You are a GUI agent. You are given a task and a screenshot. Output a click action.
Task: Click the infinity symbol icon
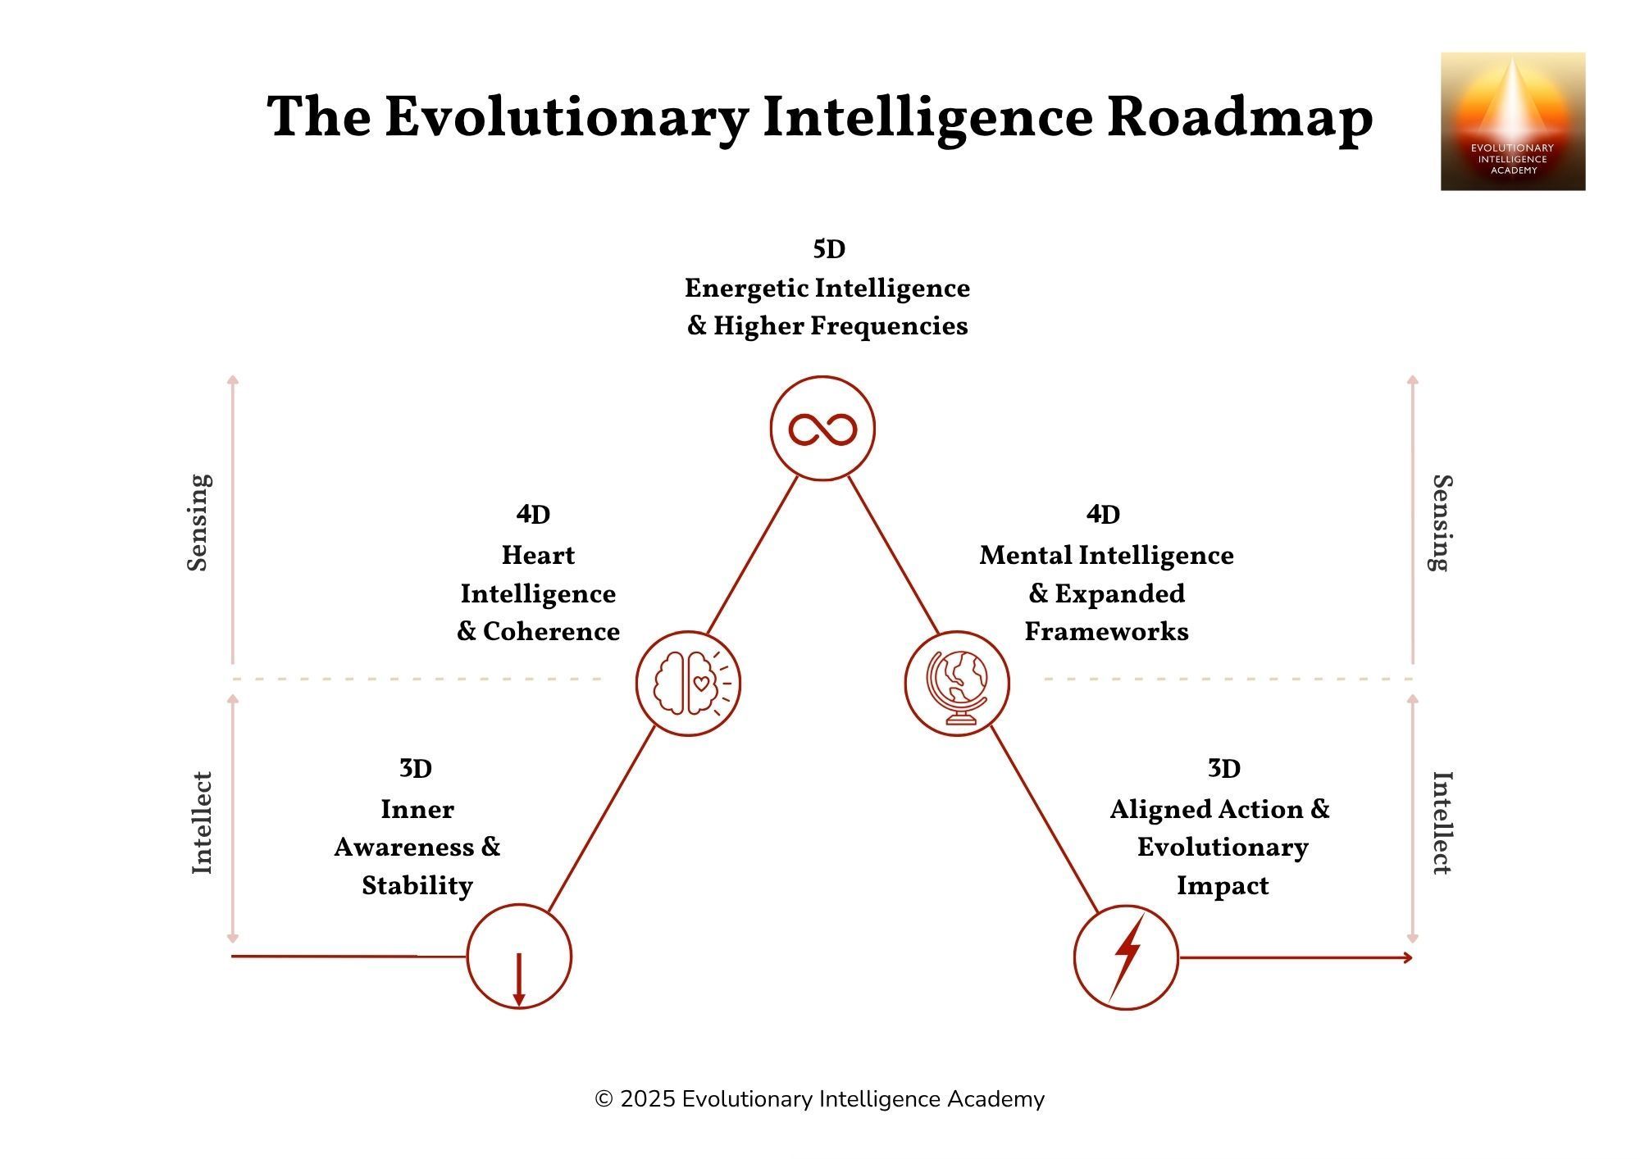[x=822, y=429]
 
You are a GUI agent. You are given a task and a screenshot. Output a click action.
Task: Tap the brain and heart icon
[x=688, y=684]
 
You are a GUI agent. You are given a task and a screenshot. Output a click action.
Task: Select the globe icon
[x=957, y=684]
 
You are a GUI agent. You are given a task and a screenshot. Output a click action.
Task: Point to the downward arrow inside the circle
[x=518, y=979]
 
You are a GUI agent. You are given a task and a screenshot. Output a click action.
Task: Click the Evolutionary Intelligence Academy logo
[x=1513, y=121]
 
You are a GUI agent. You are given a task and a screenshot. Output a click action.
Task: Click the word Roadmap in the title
[x=1240, y=117]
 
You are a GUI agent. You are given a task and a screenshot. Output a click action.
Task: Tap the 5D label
[x=829, y=249]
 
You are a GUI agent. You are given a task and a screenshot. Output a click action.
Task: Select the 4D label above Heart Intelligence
[x=533, y=515]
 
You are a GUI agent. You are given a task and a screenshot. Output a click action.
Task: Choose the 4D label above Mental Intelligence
[x=1103, y=515]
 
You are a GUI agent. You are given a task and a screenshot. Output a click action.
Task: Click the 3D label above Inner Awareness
[x=416, y=769]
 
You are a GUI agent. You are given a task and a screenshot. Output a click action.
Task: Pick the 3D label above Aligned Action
[x=1223, y=769]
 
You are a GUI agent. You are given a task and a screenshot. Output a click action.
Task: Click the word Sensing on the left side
[x=199, y=522]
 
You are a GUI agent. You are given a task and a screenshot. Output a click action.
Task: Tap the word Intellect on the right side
[x=1441, y=822]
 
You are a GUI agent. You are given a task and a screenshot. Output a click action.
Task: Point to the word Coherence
[x=551, y=632]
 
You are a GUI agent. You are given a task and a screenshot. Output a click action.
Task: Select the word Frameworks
[x=1106, y=632]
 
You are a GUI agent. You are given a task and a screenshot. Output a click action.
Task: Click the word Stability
[x=417, y=886]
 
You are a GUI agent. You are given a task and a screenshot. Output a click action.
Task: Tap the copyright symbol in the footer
[x=604, y=1099]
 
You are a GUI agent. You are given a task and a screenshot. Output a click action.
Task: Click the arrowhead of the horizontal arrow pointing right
[x=1408, y=957]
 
